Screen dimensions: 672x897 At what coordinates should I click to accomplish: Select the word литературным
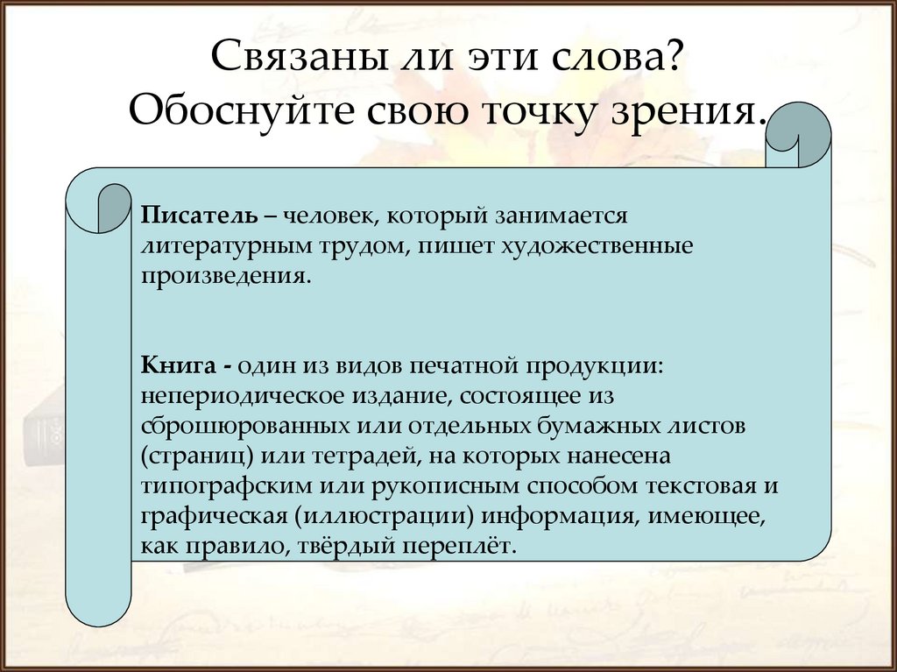pyautogui.click(x=219, y=245)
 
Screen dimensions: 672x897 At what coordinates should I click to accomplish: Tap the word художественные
pyautogui.click(x=596, y=245)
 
